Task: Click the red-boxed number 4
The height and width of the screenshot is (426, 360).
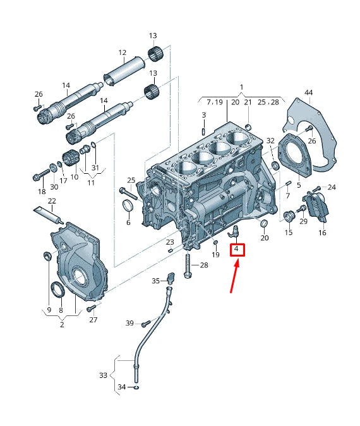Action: [236, 250]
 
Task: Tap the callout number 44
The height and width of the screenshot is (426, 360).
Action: [309, 93]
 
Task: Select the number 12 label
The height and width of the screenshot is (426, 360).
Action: [122, 53]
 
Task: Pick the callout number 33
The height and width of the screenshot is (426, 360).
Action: [104, 375]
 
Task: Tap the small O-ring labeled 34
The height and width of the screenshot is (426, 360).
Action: [137, 387]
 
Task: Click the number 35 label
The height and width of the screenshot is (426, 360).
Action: [155, 280]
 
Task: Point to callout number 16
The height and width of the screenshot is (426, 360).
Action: [322, 233]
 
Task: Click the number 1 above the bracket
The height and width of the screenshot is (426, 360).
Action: [241, 87]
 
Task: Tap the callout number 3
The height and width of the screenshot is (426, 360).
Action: [204, 114]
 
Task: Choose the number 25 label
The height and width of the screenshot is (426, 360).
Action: [131, 180]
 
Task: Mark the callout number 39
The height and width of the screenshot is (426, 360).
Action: [129, 323]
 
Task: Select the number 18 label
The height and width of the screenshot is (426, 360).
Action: [42, 191]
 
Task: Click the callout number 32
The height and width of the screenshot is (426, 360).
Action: [270, 140]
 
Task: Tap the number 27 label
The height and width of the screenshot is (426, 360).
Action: [93, 320]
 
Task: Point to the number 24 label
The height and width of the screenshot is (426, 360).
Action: [332, 187]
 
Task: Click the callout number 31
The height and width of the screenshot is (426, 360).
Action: [95, 167]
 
